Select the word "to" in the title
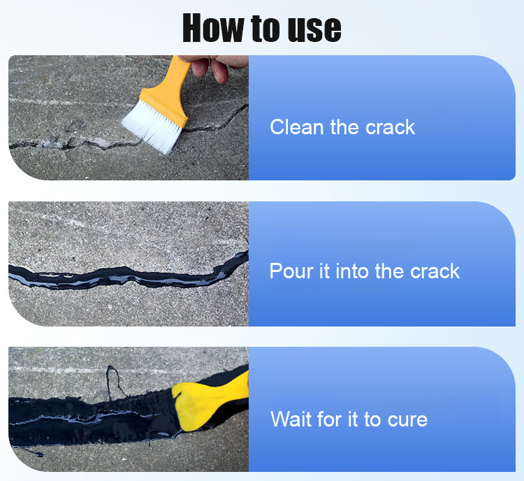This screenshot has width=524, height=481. pyautogui.click(x=266, y=28)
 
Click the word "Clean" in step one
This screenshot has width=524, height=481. pyautogui.click(x=297, y=127)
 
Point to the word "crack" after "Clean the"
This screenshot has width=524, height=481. pyautogui.click(x=390, y=127)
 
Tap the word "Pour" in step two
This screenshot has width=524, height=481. pyautogui.click(x=291, y=271)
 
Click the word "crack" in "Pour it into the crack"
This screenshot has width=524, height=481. pyautogui.click(x=435, y=271)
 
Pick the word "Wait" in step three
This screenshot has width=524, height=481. pyautogui.click(x=291, y=419)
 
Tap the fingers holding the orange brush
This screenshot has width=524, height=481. pyautogui.click(x=214, y=67)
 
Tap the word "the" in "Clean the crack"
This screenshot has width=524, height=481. pyautogui.click(x=344, y=127)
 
